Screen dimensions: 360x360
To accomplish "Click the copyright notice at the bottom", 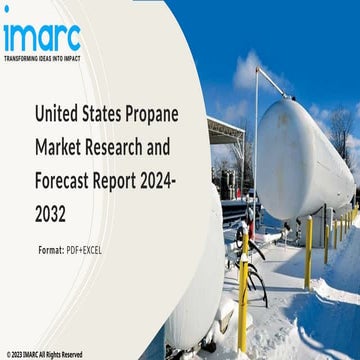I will click(46, 353).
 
